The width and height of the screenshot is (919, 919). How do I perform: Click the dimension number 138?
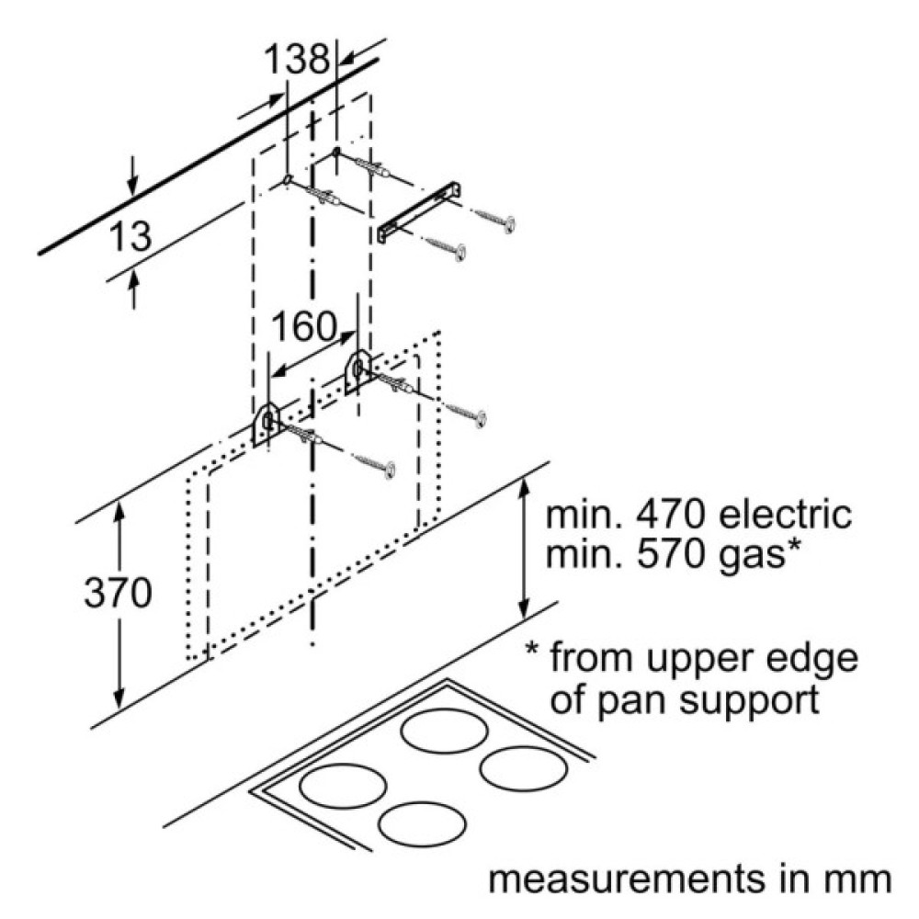[x=296, y=62]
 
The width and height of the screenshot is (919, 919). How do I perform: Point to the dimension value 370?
[x=118, y=595]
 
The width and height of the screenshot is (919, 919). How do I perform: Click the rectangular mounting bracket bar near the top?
[x=419, y=211]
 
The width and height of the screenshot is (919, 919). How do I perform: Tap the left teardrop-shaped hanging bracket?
[x=266, y=423]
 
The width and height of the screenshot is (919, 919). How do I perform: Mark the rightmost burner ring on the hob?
[x=521, y=766]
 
